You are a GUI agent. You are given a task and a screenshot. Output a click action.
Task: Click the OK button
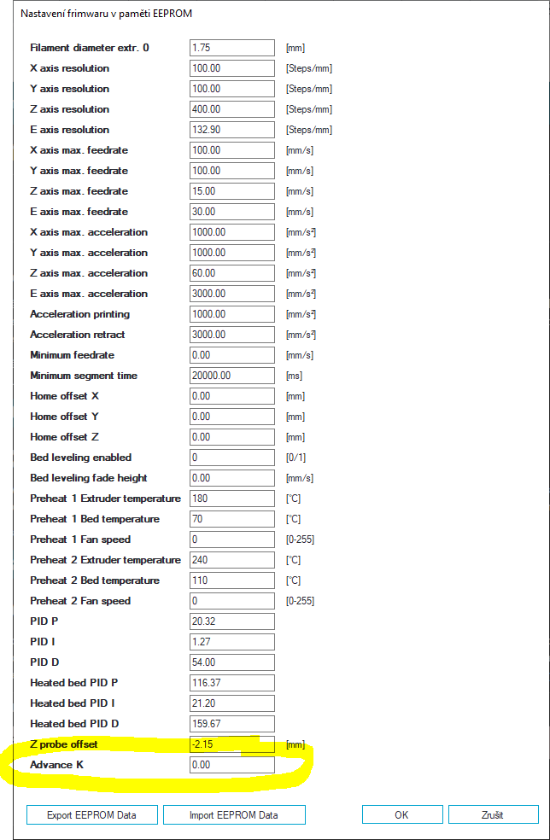point(401,814)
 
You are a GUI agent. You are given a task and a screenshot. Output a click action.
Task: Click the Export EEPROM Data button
point(92,814)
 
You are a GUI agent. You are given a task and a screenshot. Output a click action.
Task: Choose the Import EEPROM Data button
point(233,814)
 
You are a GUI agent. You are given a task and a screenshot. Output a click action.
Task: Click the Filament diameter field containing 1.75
point(232,48)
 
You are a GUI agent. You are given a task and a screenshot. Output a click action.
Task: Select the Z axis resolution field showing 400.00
point(232,109)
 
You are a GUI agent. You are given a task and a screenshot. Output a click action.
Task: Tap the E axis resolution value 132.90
point(232,130)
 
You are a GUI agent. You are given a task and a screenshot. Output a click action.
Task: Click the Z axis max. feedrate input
point(232,191)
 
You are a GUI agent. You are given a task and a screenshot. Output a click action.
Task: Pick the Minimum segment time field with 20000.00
point(232,376)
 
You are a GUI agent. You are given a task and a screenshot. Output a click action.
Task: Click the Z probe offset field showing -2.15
point(232,744)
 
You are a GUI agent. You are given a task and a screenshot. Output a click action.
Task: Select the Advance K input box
point(232,765)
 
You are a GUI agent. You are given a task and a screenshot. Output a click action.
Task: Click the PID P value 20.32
point(232,621)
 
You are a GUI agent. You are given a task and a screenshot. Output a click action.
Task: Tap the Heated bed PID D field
point(232,724)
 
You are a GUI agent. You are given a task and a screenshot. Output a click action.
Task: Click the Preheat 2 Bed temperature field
point(232,580)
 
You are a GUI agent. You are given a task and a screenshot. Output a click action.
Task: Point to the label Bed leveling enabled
point(81,458)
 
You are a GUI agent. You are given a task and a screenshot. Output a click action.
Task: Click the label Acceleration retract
point(78,335)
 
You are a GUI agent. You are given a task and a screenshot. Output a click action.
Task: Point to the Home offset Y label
point(64,417)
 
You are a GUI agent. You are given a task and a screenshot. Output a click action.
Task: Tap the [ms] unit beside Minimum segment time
point(294,376)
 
